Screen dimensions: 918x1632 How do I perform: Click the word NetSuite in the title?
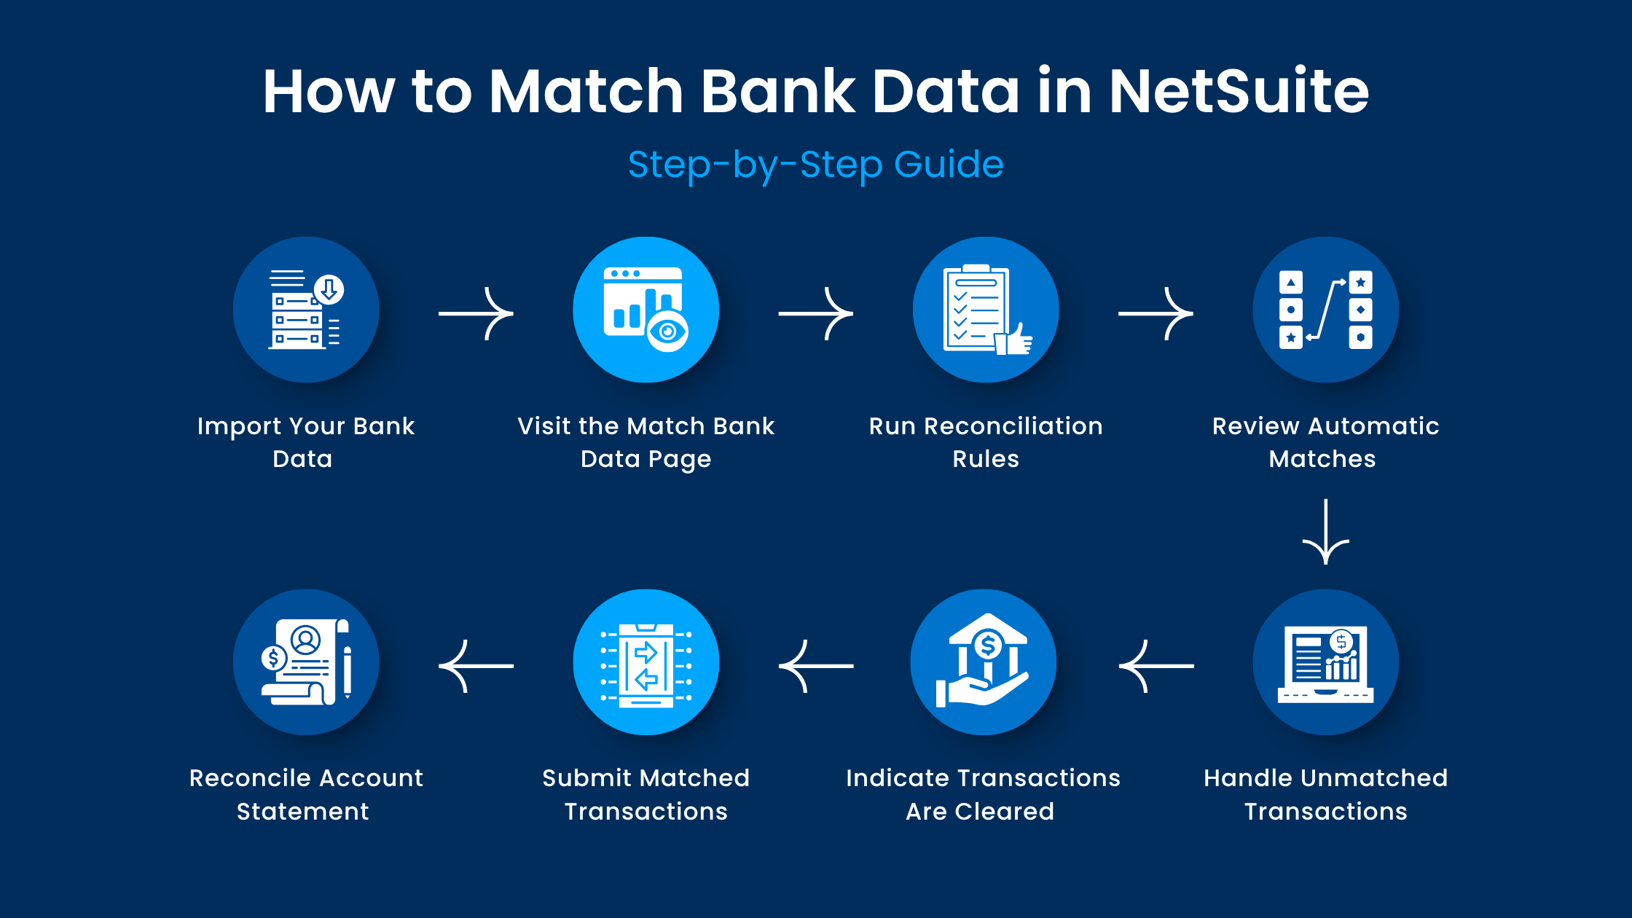[1239, 92]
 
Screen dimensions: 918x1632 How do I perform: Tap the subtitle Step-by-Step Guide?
[815, 164]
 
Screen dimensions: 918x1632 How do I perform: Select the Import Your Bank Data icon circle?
[306, 310]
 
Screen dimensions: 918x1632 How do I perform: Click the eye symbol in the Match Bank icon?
[667, 331]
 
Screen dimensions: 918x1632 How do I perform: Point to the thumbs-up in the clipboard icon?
[1017, 339]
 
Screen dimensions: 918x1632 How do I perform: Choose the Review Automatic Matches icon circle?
[1325, 310]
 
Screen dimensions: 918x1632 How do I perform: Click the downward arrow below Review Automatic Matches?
[1325, 532]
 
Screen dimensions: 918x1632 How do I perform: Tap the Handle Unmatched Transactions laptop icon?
[1325, 663]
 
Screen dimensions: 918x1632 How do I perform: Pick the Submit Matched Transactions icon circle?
[646, 662]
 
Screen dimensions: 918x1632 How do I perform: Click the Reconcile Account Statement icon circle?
[306, 662]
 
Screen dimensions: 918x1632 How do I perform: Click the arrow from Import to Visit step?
[476, 313]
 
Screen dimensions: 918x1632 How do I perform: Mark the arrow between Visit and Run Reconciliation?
[816, 313]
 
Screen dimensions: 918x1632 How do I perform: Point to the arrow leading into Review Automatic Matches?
[1156, 313]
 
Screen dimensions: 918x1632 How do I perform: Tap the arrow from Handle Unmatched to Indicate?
[1156, 666]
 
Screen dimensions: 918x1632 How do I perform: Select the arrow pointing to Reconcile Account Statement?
[476, 666]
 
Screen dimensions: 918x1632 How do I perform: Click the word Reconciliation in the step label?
[1013, 426]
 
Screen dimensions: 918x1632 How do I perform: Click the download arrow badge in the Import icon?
[329, 289]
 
